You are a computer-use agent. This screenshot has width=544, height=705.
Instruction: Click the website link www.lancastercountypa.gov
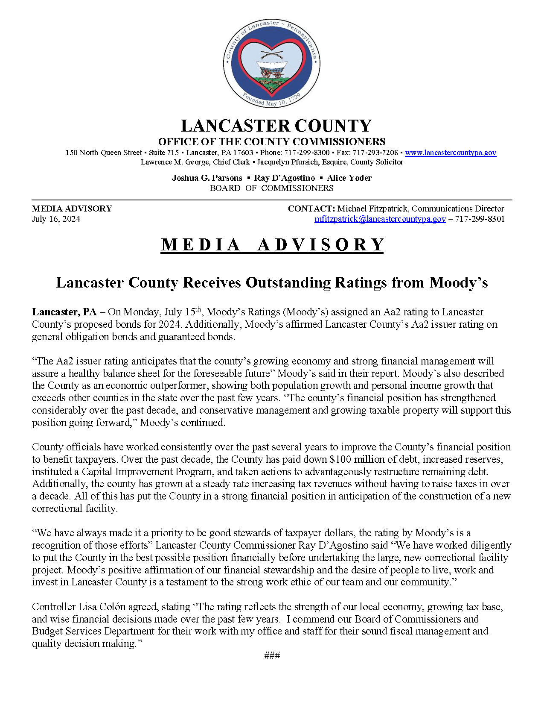tap(450, 153)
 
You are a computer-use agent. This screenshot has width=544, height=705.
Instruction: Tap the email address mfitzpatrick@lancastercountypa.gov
tap(380, 219)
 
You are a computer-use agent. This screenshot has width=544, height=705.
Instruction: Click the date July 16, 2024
tap(56, 219)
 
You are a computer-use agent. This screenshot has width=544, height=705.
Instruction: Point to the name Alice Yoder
tap(349, 178)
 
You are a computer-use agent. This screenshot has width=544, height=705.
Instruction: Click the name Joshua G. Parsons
tap(207, 178)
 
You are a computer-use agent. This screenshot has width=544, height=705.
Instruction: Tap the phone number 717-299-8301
tap(480, 219)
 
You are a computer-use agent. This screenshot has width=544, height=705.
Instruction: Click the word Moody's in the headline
tap(458, 282)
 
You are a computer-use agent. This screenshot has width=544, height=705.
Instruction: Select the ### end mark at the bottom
tap(272, 655)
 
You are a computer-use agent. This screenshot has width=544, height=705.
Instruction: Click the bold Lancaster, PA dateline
tap(64, 312)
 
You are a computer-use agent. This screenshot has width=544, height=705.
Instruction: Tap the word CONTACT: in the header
tap(311, 209)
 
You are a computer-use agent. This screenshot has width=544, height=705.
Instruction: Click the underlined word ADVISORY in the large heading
tap(320, 245)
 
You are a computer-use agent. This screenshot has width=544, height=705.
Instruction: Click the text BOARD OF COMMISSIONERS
tap(271, 188)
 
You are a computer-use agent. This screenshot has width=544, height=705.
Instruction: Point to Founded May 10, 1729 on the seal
tap(271, 100)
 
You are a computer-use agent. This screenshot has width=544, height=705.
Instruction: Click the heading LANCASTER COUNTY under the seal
tap(276, 126)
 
